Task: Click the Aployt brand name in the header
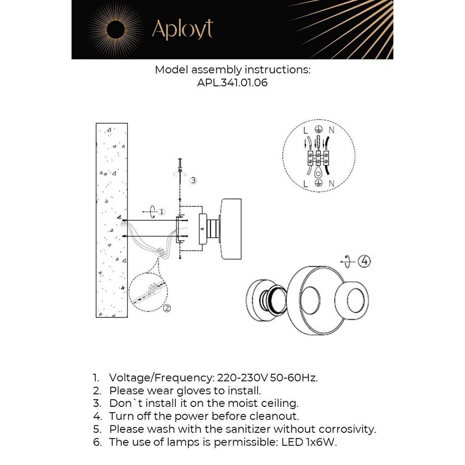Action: [x=182, y=30]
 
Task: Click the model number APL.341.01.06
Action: [x=232, y=83]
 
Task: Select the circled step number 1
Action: [x=162, y=212]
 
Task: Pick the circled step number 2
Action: [x=167, y=308]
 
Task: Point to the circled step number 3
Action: [x=193, y=180]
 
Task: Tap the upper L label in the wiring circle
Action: [x=306, y=130]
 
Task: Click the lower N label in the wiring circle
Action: [x=332, y=183]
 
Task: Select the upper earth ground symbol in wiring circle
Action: [x=319, y=130]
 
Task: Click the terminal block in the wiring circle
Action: [x=318, y=158]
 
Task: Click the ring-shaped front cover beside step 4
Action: [x=351, y=300]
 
